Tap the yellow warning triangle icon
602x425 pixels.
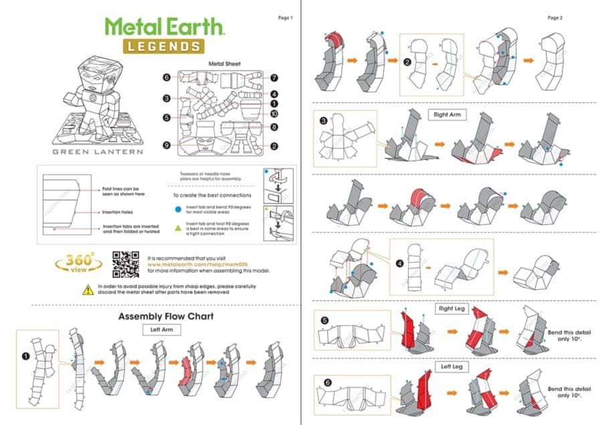88,289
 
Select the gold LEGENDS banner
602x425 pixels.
163,46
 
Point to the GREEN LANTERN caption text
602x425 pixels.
98,151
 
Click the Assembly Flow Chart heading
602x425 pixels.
165,317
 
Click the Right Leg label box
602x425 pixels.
453,309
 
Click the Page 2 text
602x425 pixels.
555,17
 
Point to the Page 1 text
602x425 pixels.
285,17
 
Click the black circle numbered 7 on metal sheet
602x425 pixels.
274,78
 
